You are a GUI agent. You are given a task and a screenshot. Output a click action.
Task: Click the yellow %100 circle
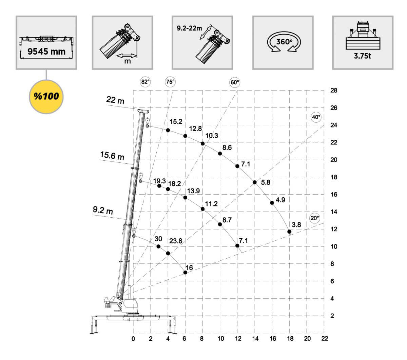click(x=46, y=97)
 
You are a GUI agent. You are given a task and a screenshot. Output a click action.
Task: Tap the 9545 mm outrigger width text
click(x=46, y=52)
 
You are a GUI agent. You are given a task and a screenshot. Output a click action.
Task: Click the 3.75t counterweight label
click(x=362, y=56)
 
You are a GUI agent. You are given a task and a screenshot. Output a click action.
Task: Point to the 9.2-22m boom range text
click(x=189, y=28)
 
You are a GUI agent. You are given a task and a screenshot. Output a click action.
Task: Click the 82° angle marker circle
click(x=145, y=82)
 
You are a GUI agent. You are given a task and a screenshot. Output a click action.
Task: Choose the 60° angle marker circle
click(x=235, y=82)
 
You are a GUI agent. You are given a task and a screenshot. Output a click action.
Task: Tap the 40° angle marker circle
click(x=316, y=117)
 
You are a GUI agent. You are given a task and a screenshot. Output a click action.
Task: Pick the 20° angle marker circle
click(x=315, y=218)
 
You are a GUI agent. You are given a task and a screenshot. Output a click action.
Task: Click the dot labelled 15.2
click(x=168, y=130)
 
